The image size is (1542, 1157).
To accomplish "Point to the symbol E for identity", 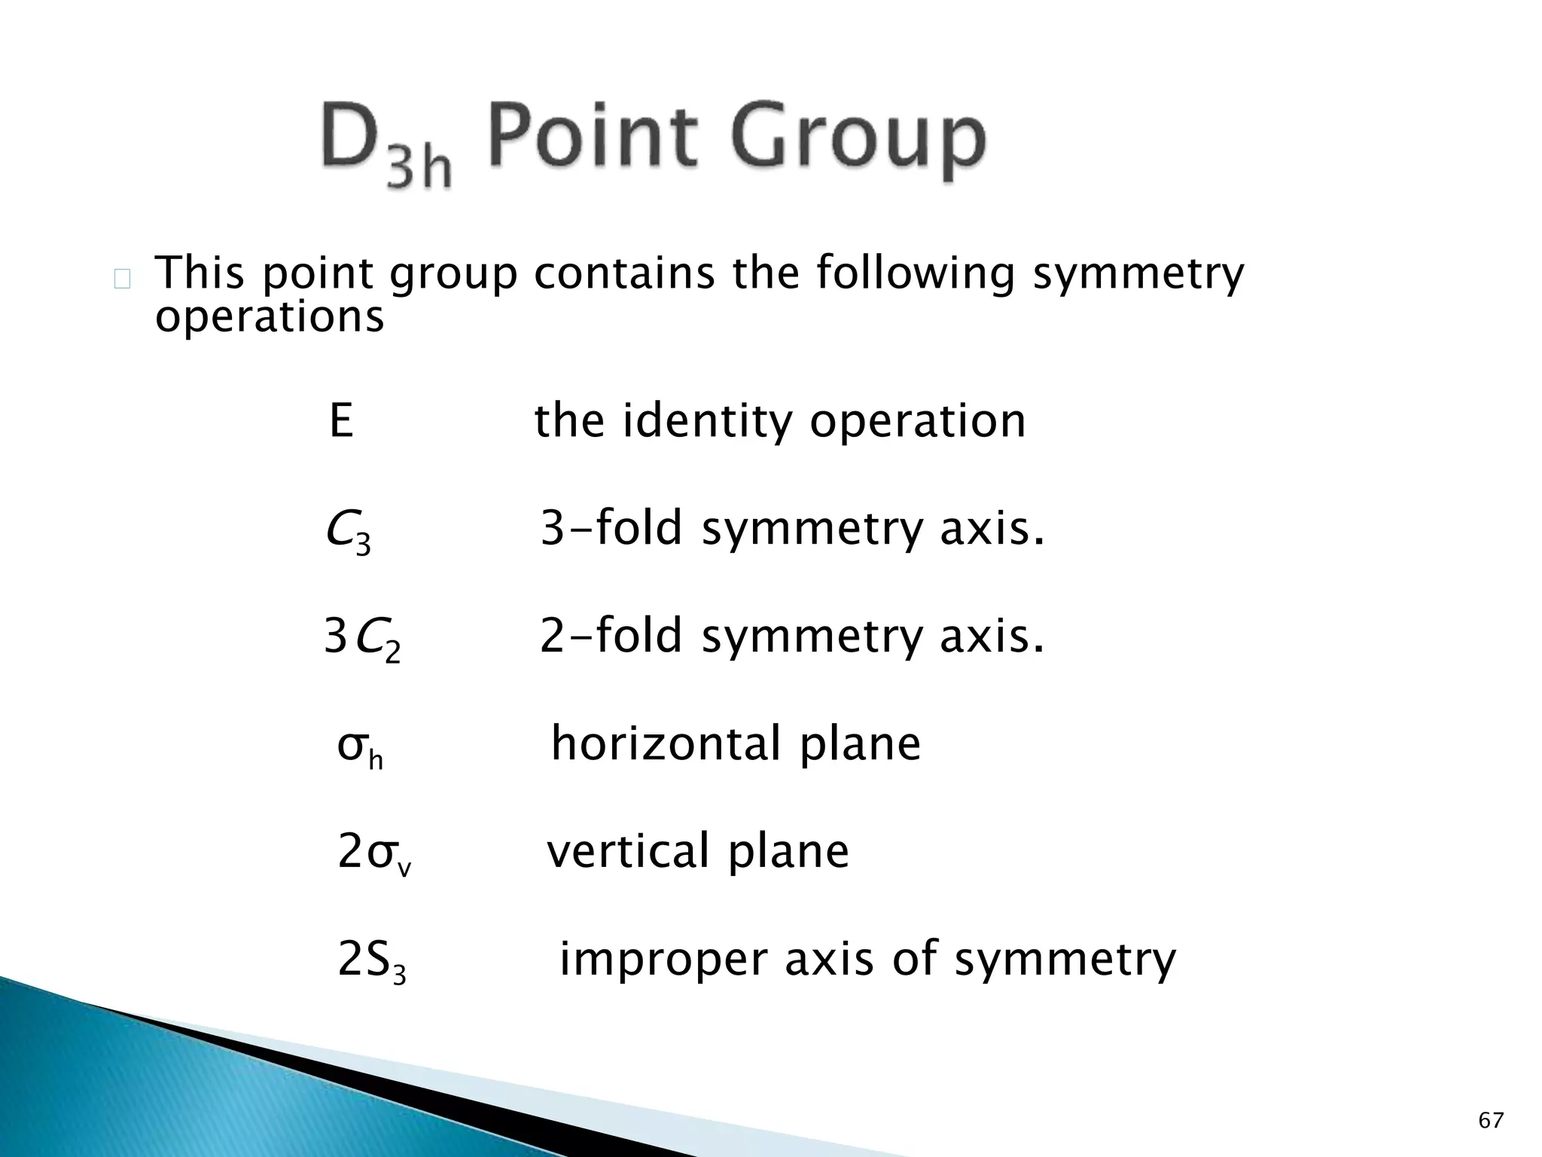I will click(x=341, y=420).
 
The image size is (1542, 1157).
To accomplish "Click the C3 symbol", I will click(x=349, y=530).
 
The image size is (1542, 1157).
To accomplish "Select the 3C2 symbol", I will click(x=362, y=638).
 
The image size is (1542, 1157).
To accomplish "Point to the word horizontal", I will click(x=666, y=743).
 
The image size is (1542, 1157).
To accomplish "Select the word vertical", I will click(x=628, y=851).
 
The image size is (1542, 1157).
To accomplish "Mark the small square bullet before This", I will click(x=122, y=280).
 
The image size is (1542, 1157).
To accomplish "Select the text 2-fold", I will click(x=611, y=636).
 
